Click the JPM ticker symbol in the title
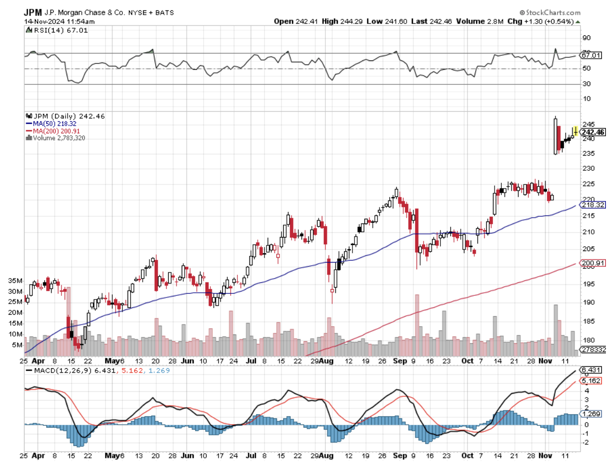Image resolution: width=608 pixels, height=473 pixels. [33, 11]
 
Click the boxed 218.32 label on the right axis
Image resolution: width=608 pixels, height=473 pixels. [593, 205]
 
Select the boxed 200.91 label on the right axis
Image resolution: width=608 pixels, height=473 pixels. [593, 264]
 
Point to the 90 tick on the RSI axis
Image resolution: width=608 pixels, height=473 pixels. [586, 38]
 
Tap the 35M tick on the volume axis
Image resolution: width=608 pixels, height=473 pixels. [15, 280]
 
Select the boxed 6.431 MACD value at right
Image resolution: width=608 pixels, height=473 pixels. [591, 369]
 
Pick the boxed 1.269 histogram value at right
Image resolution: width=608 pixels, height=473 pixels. [591, 413]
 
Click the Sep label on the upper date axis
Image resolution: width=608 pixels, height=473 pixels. [400, 360]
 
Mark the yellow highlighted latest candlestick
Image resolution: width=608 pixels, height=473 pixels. [575, 131]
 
